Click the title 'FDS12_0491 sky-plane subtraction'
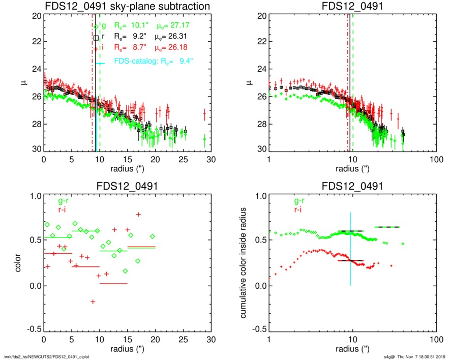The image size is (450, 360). coord(127,6)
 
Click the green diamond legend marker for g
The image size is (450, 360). coord(96,27)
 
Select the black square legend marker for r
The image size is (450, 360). coord(96,38)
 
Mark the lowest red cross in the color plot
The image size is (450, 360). coord(93,302)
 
